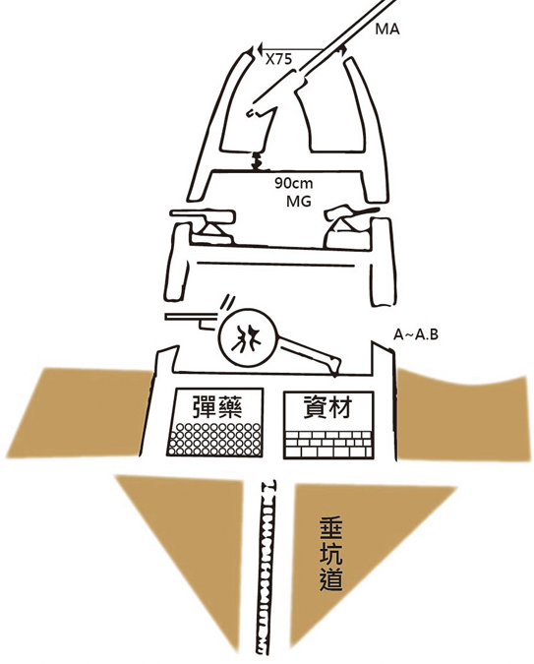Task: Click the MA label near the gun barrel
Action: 387,30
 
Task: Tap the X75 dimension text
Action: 278,59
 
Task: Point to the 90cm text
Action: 293,183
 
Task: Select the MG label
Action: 299,201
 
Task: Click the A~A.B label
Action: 416,334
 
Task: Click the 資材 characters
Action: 328,406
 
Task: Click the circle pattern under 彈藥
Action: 215,439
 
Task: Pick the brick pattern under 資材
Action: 328,445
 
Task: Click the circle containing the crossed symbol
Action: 247,338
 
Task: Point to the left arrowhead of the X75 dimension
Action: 258,49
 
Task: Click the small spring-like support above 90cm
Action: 256,161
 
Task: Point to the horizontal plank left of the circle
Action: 192,317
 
